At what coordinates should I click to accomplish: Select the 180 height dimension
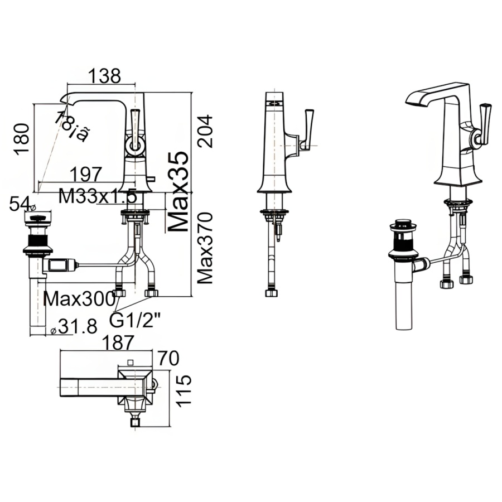tap(22, 139)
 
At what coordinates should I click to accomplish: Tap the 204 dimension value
tap(206, 131)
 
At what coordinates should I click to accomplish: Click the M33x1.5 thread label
tap(98, 196)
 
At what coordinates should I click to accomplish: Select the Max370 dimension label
tap(206, 248)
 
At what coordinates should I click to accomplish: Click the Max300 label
tap(79, 299)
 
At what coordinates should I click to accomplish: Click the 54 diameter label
tap(20, 205)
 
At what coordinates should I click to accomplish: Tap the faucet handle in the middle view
tap(307, 128)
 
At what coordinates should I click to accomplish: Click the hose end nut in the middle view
tap(271, 293)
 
